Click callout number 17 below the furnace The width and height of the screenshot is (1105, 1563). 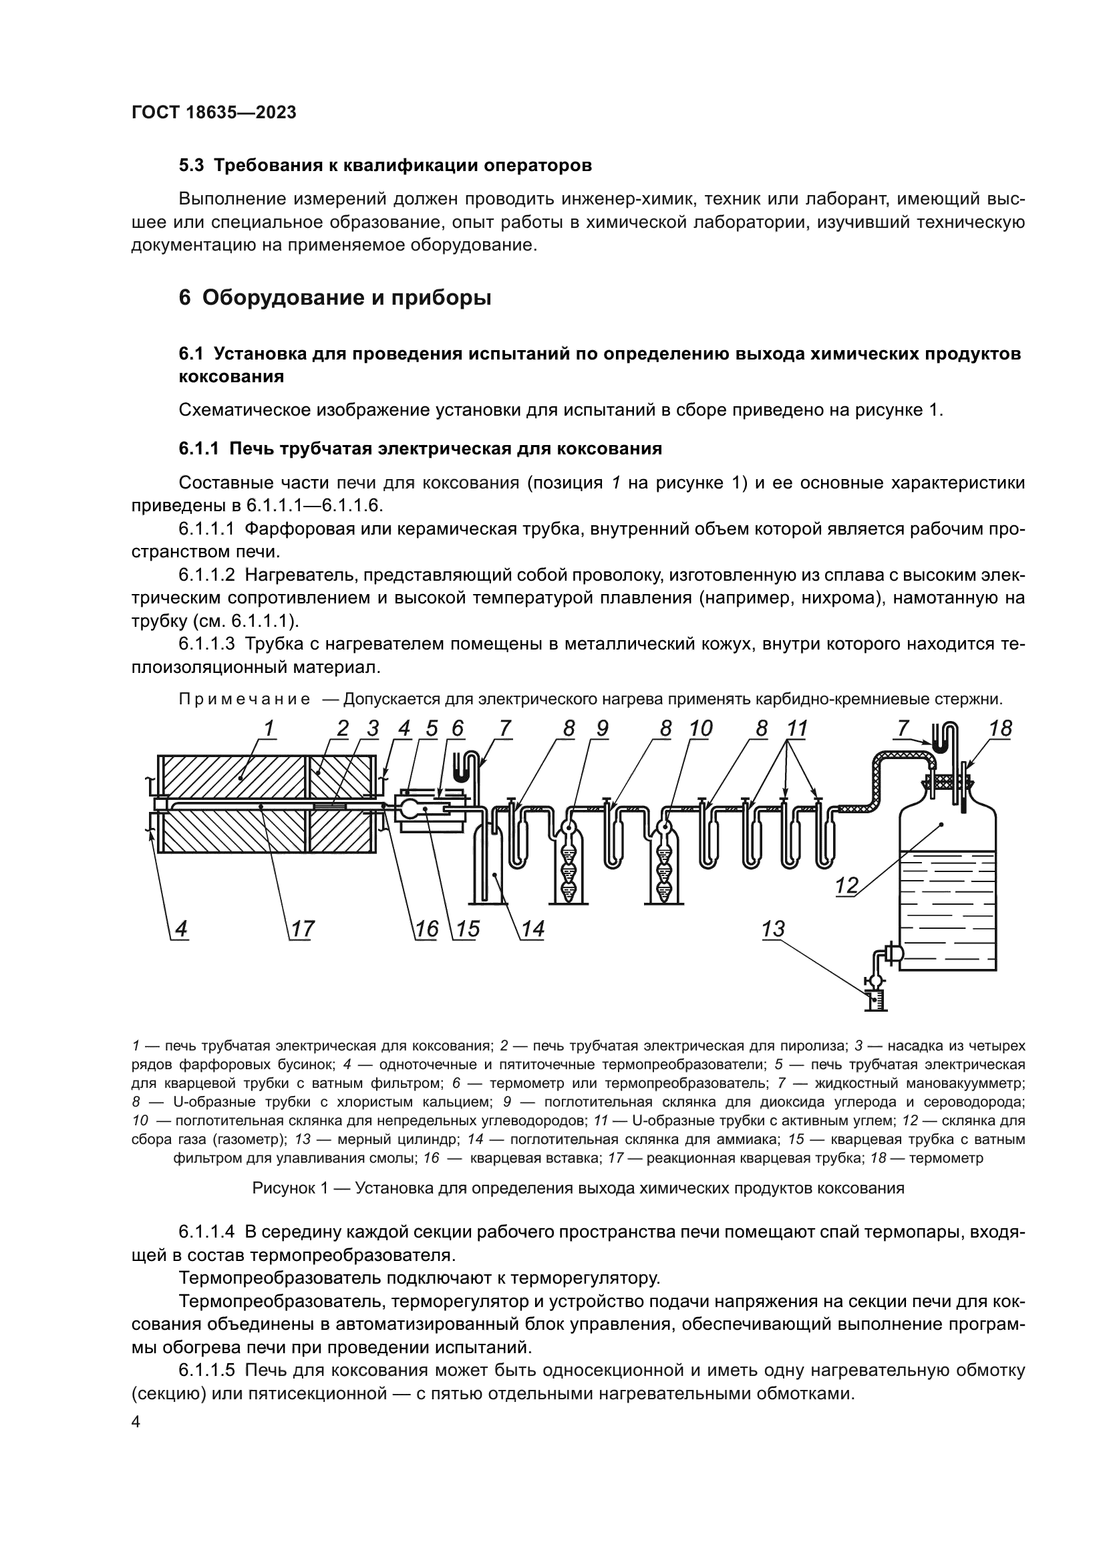(x=302, y=930)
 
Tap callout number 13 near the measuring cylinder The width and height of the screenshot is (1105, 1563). (x=774, y=930)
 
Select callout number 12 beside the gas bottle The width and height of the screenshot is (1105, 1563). (x=846, y=885)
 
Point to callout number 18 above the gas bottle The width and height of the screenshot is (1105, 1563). (x=1000, y=729)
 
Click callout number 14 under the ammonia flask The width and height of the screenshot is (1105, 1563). (x=532, y=930)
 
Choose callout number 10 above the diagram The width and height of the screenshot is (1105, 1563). (x=700, y=729)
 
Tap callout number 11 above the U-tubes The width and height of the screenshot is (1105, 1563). (x=797, y=729)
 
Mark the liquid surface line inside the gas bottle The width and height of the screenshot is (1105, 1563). (x=948, y=851)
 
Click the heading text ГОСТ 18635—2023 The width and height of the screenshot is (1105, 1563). (x=214, y=113)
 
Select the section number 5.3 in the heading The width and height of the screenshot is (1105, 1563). (x=192, y=166)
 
